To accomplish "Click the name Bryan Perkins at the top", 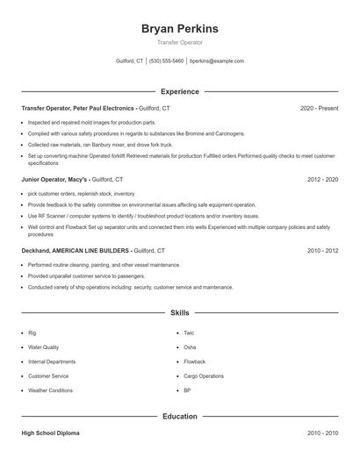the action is [x=179, y=29].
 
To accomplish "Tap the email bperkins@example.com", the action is [x=217, y=61].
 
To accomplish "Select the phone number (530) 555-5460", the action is [x=167, y=61].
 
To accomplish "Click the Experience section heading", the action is [x=179, y=91].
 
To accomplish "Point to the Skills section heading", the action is [x=179, y=311].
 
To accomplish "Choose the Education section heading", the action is [x=179, y=416].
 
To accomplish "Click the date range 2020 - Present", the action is [x=319, y=108].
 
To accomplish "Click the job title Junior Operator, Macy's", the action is [x=54, y=179].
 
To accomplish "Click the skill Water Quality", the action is [x=44, y=347].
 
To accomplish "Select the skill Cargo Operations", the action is [x=204, y=376].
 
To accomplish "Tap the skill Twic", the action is [x=189, y=333].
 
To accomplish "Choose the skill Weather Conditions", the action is [x=50, y=390].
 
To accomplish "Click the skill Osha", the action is [x=190, y=347].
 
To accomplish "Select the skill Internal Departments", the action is [x=51, y=361].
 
